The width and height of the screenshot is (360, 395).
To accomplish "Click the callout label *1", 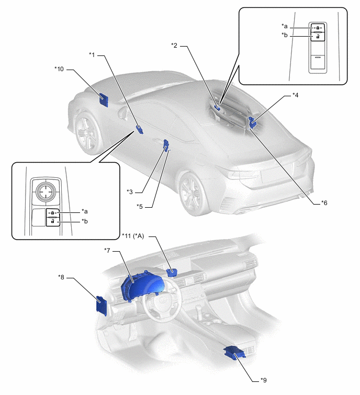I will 93,54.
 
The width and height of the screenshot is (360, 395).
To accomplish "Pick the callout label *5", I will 140,207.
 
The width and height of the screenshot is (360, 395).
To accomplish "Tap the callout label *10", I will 59,69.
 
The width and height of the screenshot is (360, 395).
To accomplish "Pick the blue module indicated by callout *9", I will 234,354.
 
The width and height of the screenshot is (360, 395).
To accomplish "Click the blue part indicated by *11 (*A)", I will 172,271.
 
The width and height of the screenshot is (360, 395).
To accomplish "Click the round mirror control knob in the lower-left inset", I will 45,190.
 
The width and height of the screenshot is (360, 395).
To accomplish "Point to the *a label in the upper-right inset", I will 285,26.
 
